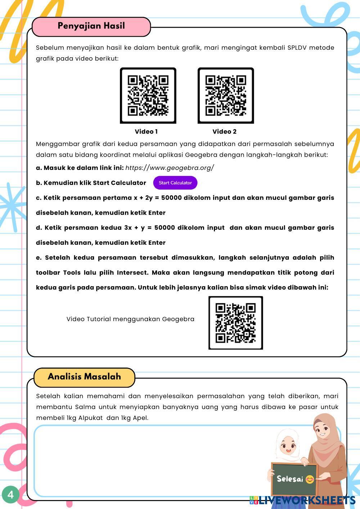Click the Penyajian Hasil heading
(91, 26)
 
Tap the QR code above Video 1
(148, 95)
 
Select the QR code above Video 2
(226, 95)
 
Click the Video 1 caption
(146, 132)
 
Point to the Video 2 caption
(224, 132)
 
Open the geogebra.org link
(170, 168)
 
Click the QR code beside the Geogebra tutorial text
(235, 323)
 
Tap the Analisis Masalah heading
(84, 377)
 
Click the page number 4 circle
(10, 495)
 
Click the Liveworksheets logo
(302, 500)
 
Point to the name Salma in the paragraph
(85, 407)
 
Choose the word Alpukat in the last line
(91, 418)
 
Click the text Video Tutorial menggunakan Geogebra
(130, 319)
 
